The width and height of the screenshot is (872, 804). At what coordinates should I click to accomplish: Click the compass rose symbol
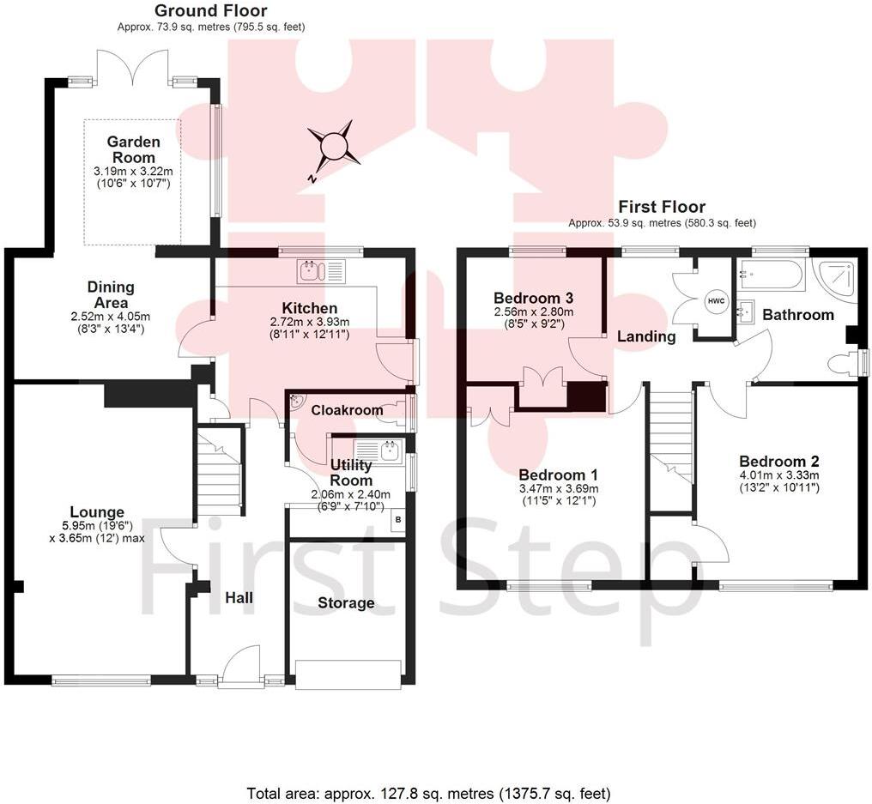334,146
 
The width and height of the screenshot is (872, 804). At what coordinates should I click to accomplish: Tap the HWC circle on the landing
717,301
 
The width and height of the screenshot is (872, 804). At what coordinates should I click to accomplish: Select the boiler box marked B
398,520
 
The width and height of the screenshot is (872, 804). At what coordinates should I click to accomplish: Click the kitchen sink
322,271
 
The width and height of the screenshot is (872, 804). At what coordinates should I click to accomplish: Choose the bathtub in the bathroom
770,275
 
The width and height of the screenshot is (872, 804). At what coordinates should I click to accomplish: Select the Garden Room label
133,149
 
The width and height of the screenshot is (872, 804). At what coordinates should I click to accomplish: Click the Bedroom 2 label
778,461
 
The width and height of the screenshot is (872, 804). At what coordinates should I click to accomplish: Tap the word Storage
346,602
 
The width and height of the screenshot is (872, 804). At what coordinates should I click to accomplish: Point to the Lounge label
97,512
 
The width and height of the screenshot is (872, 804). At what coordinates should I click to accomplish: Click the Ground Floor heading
211,10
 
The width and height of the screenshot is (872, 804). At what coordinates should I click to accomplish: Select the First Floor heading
662,207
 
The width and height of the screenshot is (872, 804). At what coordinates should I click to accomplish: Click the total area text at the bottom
428,792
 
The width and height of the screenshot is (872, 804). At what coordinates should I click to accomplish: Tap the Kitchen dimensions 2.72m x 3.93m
310,322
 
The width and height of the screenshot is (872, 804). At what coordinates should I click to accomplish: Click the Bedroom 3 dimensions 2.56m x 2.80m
534,311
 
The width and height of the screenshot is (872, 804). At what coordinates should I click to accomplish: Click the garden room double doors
133,68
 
